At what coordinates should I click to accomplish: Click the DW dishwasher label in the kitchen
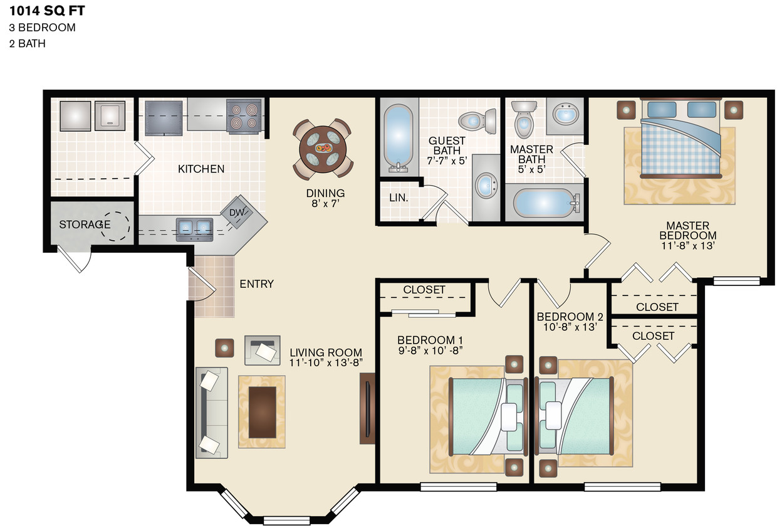pos(236,213)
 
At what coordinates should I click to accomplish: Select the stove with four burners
pos(243,115)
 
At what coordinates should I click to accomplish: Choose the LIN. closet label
pos(399,198)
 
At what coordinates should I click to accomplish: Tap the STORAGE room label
pos(85,224)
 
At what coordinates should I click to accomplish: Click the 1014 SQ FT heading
pos(47,11)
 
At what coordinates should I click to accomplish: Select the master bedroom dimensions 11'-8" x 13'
pos(687,246)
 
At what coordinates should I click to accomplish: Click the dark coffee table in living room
pos(262,411)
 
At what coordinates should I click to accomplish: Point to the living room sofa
pos(211,411)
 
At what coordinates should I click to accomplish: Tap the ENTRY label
pos(256,284)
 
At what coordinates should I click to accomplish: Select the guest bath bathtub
pos(397,139)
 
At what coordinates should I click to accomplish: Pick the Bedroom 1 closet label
pos(424,290)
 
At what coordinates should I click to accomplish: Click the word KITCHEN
pos(201,169)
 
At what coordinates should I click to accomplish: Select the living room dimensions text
pos(325,362)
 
